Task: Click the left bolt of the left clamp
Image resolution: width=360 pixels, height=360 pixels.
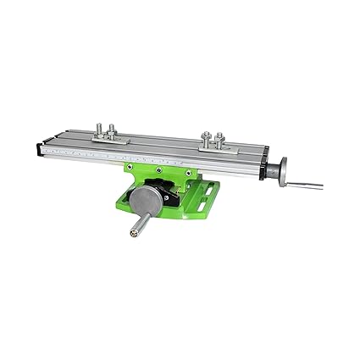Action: (x=98, y=128)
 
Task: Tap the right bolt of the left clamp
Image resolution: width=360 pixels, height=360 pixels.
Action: (x=112, y=130)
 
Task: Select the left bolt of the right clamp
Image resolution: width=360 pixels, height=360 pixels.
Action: (x=207, y=136)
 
